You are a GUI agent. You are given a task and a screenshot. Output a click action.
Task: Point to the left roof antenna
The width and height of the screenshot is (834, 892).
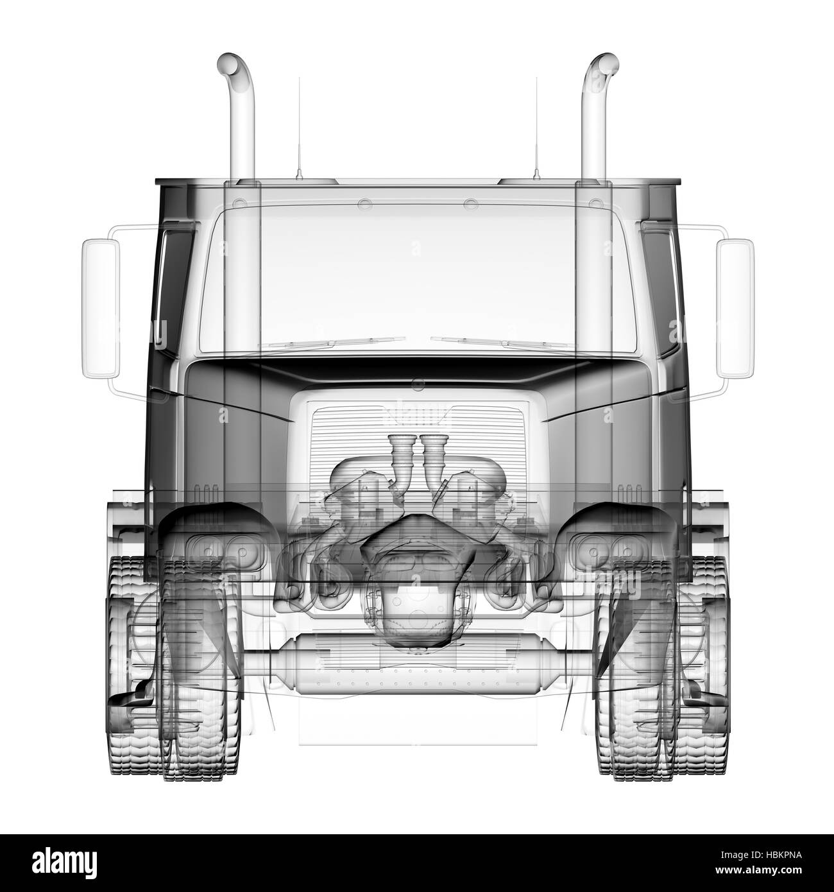click(x=298, y=128)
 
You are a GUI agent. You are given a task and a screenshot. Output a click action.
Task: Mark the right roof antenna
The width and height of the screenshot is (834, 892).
click(x=536, y=128)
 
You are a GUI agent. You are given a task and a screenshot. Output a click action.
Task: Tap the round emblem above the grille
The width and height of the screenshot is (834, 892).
click(x=417, y=385)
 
